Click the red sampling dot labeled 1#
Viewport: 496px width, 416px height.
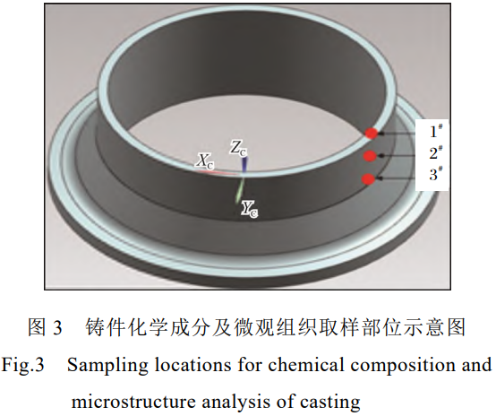point(372,133)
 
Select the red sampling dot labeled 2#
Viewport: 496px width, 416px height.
point(370,156)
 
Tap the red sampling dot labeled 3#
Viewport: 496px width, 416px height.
point(368,179)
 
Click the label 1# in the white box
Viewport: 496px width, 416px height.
point(435,131)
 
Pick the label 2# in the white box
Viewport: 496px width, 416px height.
point(435,152)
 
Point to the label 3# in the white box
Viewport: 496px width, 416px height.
point(435,174)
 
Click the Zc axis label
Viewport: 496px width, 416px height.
point(238,148)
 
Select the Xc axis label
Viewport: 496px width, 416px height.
point(204,161)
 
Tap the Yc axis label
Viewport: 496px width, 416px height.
point(249,209)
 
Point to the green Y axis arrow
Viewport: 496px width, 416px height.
point(239,190)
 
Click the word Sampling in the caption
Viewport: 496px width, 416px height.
point(107,365)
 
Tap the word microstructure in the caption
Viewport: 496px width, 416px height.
point(133,402)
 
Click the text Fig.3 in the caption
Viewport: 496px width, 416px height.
point(22,365)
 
